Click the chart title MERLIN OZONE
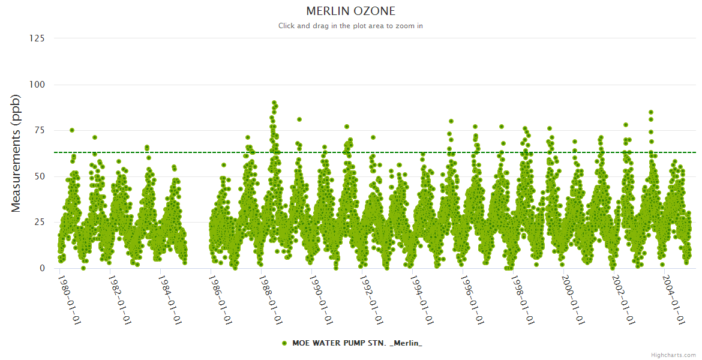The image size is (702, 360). [351, 11]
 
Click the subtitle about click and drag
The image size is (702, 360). [351, 26]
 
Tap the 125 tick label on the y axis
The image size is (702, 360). [37, 38]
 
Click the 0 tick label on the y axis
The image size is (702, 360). [42, 268]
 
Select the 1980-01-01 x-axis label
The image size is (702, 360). [69, 299]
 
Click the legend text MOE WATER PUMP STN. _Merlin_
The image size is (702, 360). [357, 343]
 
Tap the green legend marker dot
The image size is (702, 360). [284, 343]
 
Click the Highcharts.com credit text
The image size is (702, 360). [673, 355]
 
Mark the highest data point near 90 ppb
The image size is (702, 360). [274, 103]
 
